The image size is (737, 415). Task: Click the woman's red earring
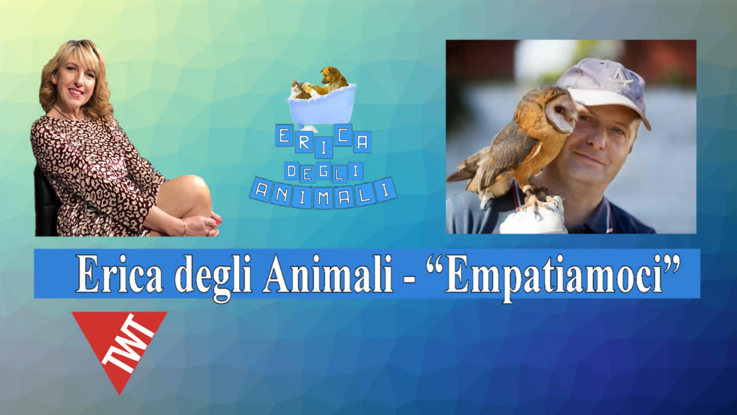[x=54, y=81]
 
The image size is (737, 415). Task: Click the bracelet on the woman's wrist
[x=184, y=227]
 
